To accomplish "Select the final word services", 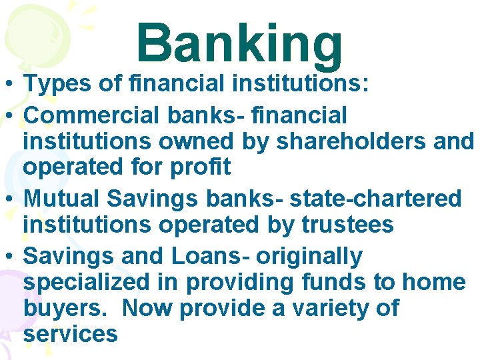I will (70, 333).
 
